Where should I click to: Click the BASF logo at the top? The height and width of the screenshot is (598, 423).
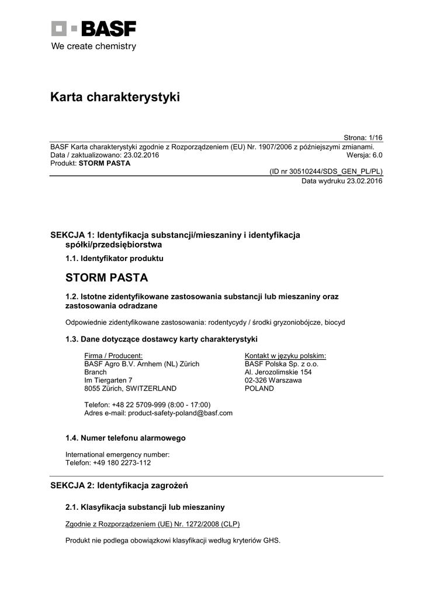[x=93, y=29]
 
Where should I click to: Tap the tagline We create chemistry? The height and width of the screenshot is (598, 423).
[x=93, y=46]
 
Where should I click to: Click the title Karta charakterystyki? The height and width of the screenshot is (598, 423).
[x=115, y=98]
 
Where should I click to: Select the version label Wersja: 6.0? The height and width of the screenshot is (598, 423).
[x=364, y=155]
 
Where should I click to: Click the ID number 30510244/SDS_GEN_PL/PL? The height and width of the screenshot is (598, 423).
[x=325, y=172]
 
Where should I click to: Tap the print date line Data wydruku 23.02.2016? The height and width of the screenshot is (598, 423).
[x=342, y=181]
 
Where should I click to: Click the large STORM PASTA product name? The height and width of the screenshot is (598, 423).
[x=107, y=277]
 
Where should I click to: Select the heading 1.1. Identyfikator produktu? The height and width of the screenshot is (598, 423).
[x=115, y=258]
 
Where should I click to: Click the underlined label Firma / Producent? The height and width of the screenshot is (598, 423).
[x=113, y=356]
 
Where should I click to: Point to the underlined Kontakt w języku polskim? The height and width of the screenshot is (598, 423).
[x=285, y=356]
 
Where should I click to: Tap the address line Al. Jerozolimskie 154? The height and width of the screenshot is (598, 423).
[x=278, y=372]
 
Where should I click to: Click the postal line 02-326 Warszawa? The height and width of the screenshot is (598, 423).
[x=273, y=380]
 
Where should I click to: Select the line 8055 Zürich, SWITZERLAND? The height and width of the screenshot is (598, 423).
[x=130, y=388]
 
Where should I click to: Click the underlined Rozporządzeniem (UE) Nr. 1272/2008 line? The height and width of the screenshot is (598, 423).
[x=152, y=524]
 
